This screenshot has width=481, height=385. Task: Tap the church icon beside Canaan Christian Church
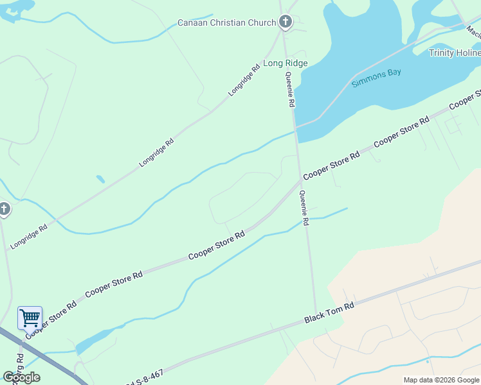pos(286,22)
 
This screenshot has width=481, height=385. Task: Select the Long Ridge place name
pos(286,63)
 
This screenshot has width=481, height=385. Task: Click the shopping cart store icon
pos(30,317)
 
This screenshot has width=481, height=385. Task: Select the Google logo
pos(22,377)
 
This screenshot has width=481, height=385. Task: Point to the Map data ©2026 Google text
pos(441,380)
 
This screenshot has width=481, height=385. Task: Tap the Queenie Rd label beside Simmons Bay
pos(290,89)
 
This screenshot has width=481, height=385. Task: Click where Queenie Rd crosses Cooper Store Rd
pos(300,181)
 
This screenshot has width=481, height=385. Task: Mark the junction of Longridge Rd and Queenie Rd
pos(284,45)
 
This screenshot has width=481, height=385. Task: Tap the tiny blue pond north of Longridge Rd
pos(100,179)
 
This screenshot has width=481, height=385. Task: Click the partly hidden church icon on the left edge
pos(4,209)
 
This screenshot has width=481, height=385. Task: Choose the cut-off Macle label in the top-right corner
pos(473,31)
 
